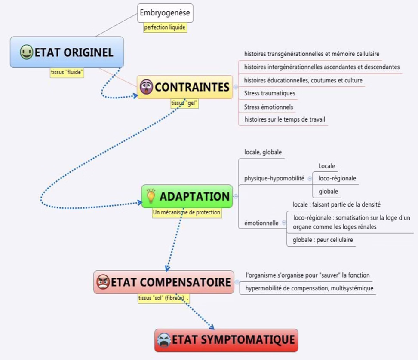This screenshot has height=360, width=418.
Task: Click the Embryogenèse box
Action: click(166, 13)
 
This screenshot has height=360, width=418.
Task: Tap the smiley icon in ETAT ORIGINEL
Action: click(26, 52)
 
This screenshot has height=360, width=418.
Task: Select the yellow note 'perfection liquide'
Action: click(166, 27)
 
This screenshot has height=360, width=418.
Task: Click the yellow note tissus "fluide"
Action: click(67, 72)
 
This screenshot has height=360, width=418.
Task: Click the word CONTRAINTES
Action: click(192, 87)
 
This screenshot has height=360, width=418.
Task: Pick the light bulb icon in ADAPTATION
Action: click(151, 196)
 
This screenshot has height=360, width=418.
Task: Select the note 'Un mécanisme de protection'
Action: click(187, 213)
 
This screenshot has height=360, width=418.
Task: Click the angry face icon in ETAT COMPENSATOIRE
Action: click(103, 282)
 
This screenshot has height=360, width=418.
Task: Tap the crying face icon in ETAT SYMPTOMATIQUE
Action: click(164, 340)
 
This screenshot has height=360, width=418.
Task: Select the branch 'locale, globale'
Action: click(263, 152)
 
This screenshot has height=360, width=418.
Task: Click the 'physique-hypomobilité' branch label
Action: click(274, 178)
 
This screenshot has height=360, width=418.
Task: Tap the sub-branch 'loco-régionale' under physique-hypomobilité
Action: click(337, 178)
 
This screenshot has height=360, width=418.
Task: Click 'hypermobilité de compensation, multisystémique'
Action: click(309, 288)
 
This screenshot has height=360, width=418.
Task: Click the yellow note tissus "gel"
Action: click(184, 104)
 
